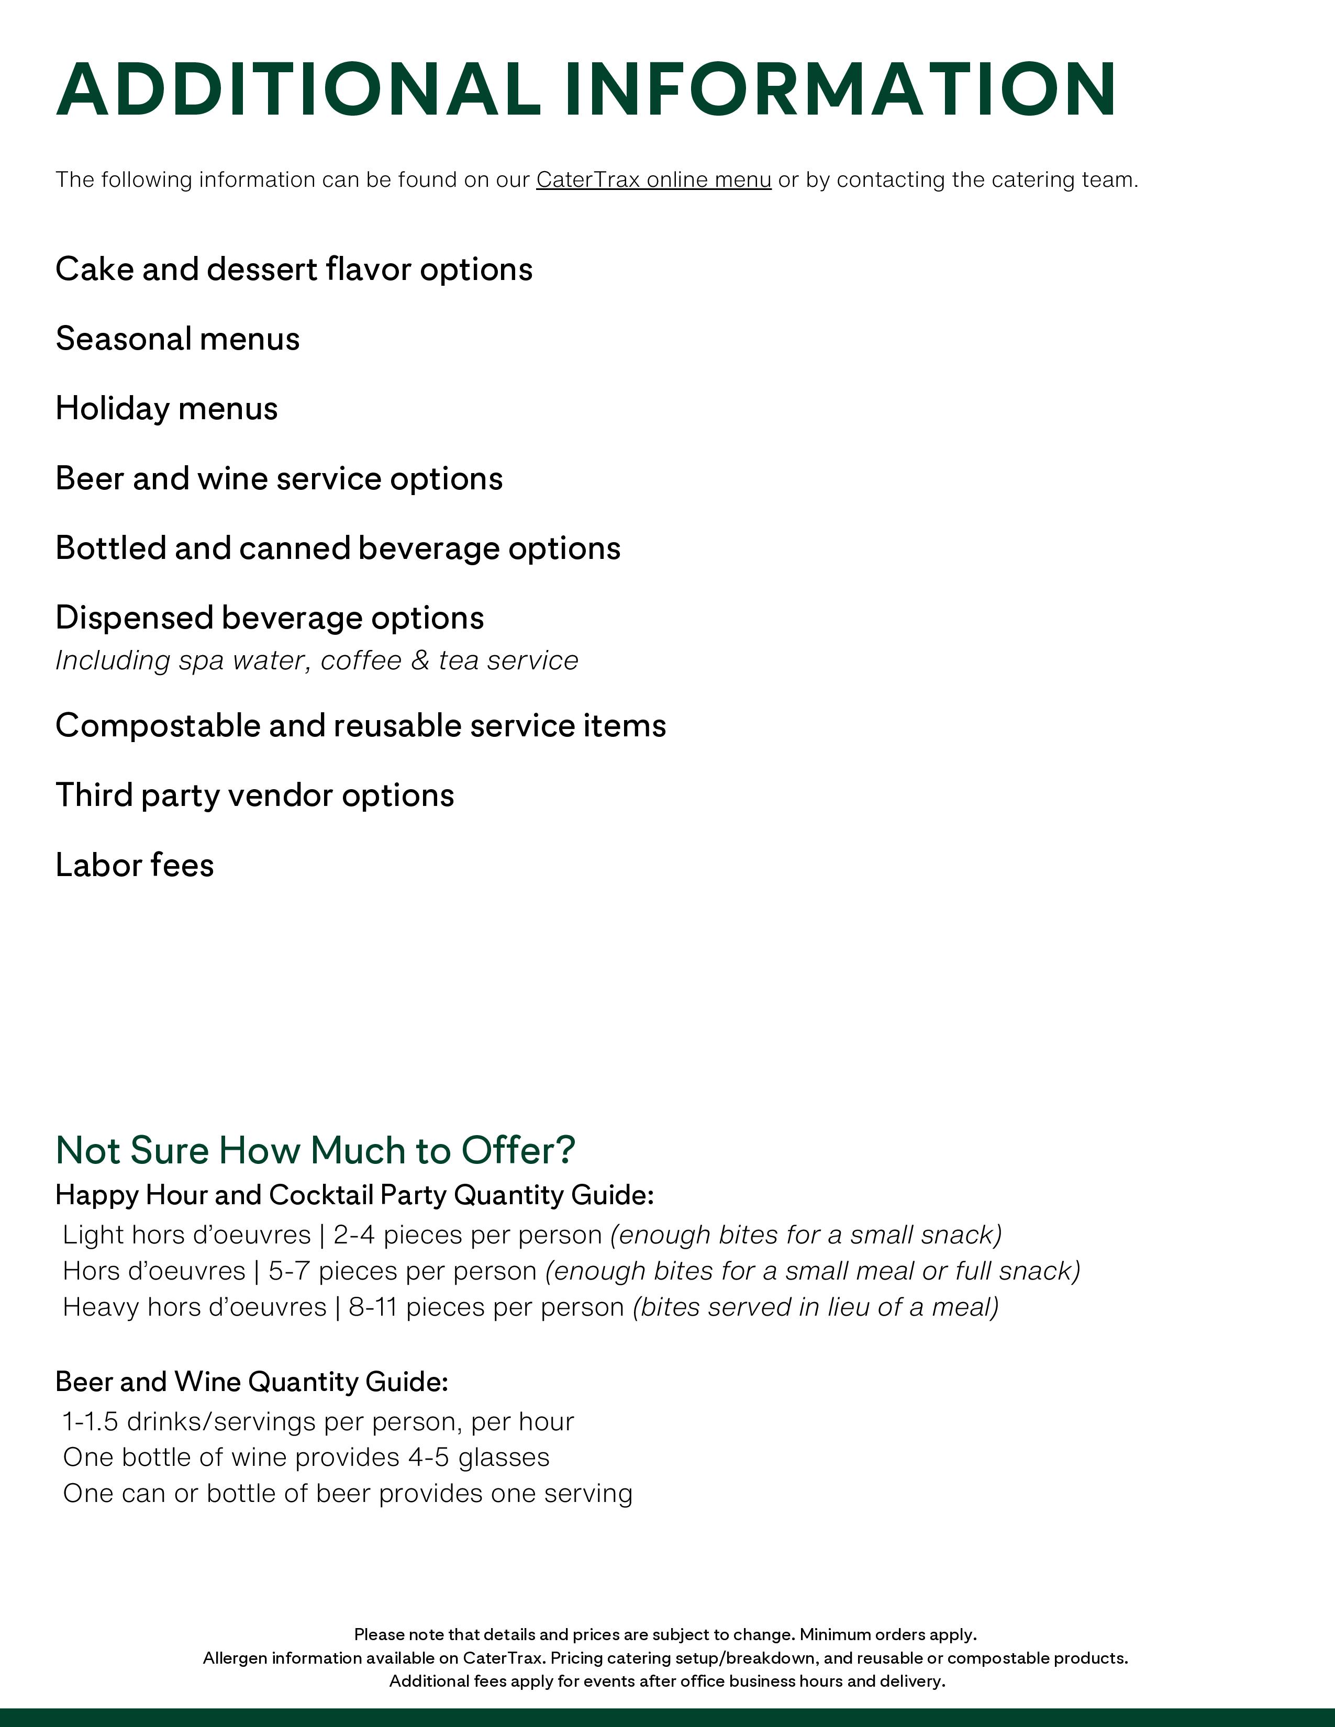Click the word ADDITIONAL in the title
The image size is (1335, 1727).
coord(299,89)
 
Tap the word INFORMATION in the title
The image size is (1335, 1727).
coord(840,89)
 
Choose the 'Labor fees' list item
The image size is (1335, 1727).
coord(135,865)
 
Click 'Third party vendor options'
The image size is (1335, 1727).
coord(254,795)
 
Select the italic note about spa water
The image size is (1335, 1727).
coord(316,660)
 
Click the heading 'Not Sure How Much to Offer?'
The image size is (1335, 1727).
coord(315,1150)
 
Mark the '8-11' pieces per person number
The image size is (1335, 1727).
coord(373,1307)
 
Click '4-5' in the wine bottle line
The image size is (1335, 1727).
coord(429,1457)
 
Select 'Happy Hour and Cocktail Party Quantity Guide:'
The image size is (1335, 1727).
coord(355,1195)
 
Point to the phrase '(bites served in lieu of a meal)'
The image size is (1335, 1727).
coord(815,1307)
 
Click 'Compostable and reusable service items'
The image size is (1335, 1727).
coord(361,726)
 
